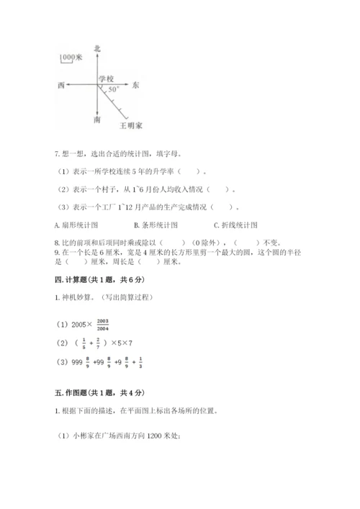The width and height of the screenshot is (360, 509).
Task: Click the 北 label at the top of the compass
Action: pos(97,48)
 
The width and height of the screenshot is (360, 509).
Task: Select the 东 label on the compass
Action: pos(137,85)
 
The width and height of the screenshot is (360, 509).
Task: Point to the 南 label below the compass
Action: pos(97,120)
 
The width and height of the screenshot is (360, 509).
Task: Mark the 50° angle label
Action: pos(113,91)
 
